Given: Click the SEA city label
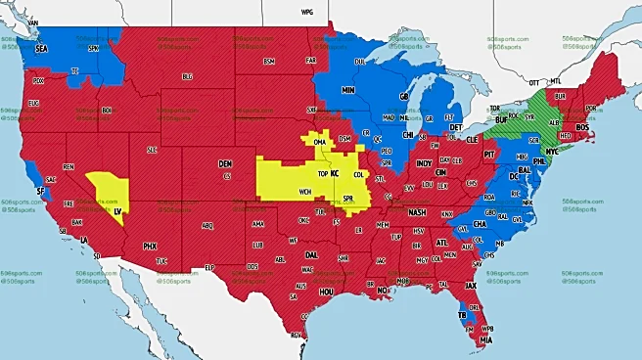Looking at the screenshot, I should pos(41,47).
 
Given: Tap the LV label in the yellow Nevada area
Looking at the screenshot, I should pos(118,210).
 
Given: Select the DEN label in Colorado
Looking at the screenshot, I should pos(225,163).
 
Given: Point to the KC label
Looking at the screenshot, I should pos(335,173).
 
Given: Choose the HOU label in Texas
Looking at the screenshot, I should pos(327,292).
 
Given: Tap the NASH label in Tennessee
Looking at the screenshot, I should pos(418,212).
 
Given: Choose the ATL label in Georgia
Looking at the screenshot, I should pos(442,242).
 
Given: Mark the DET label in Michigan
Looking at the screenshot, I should pos(456,127).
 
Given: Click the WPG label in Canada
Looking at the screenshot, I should pos(306,13).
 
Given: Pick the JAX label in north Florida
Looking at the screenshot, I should pos(470,286).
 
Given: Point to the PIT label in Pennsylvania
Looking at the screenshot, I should pos(490,155).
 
